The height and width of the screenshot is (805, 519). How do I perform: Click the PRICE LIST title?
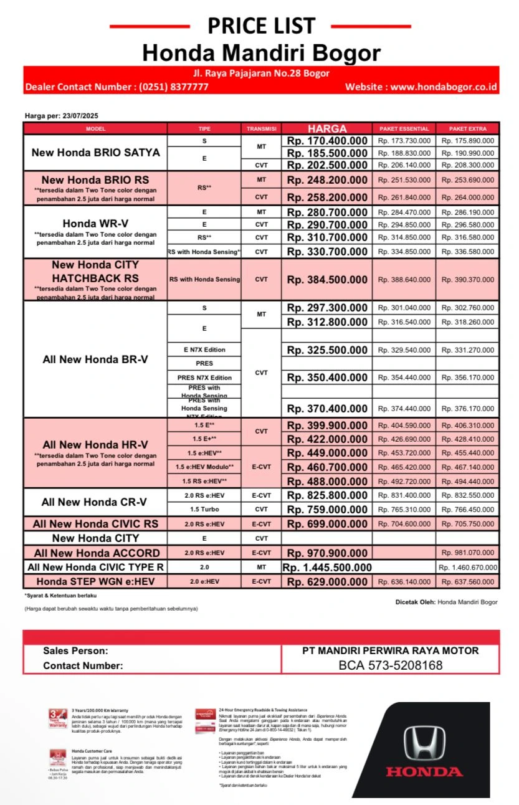[261, 26]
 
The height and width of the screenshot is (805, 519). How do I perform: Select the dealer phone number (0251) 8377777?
[173, 87]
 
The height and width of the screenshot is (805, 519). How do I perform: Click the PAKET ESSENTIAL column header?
[404, 129]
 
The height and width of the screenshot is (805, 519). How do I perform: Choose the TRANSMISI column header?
[261, 129]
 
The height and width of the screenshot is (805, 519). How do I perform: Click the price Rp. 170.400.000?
[327, 141]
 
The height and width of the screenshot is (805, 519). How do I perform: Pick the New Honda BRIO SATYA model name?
[95, 153]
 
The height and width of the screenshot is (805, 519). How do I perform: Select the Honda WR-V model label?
[95, 223]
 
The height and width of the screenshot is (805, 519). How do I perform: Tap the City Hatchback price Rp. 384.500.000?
[327, 280]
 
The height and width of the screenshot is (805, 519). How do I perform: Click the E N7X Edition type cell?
[204, 350]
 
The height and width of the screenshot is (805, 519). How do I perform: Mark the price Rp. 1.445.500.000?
[327, 568]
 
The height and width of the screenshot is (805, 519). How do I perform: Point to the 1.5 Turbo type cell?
[204, 510]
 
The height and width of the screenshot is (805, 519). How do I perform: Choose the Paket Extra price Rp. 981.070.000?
[467, 553]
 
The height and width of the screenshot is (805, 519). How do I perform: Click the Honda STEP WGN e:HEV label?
[95, 582]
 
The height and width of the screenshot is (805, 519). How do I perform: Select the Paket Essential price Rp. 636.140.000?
[404, 582]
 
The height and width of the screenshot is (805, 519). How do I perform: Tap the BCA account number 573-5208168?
[391, 665]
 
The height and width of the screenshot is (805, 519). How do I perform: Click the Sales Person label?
[75, 651]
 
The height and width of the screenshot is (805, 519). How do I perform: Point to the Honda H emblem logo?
[424, 743]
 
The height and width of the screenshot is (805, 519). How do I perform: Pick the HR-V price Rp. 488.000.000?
[327, 481]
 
